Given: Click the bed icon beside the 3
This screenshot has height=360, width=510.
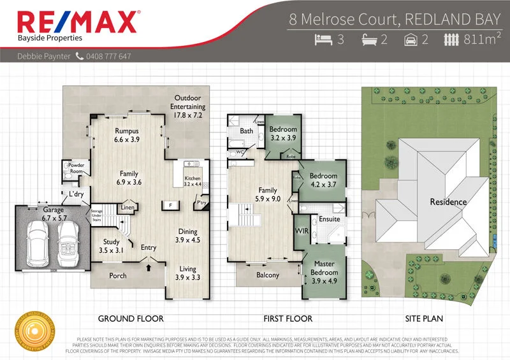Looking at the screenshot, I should tap(324, 40).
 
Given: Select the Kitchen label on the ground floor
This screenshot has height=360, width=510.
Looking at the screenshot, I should tap(193, 180).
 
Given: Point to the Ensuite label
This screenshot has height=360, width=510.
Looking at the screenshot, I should tap(329, 219).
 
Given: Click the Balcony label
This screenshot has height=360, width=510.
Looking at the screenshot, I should tap(268, 275).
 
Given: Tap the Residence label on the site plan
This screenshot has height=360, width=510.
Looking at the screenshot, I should tap(448, 202).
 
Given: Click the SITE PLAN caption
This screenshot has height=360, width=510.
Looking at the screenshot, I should tap(425, 318).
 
